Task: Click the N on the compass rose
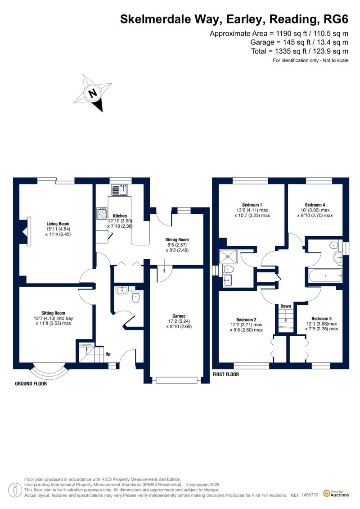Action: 93,93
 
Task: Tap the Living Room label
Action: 58,224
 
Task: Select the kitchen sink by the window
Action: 120,189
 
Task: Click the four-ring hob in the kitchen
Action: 102,214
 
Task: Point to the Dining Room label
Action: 177,239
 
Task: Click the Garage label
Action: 179,316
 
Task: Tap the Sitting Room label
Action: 53,313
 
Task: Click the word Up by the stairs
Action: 108,354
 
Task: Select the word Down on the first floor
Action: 286,306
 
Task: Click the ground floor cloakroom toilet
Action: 136,297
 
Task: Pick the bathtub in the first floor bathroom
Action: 325,276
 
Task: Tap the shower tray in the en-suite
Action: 228,256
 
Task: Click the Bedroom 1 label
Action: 252,205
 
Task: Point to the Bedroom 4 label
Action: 315,205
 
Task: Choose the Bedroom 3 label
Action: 321,319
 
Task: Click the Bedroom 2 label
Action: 247,320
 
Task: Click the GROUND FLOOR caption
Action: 31,384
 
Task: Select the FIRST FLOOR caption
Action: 225,374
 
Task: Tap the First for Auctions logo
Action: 336,494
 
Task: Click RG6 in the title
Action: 336,19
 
